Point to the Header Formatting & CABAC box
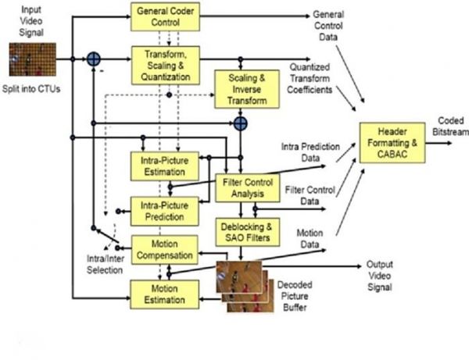(393, 143)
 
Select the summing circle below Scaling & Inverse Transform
(241, 123)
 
